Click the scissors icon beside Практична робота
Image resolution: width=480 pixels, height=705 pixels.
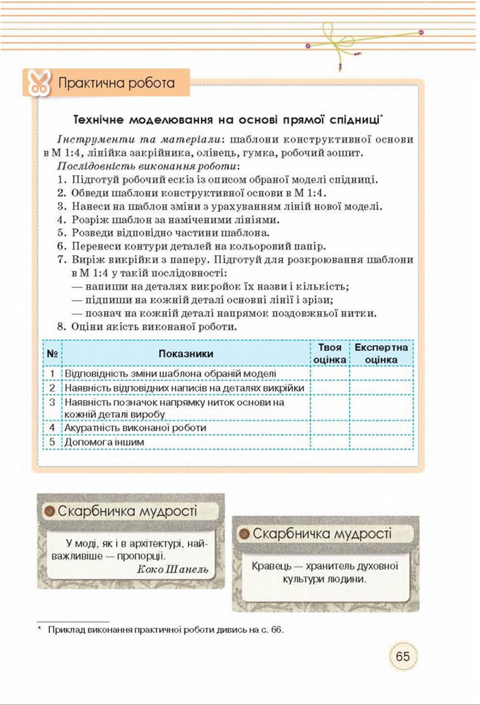pos(36,83)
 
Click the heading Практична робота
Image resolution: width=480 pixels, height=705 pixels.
pos(117,84)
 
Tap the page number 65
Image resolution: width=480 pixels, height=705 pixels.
pos(403,656)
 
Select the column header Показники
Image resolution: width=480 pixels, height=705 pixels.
pos(186,353)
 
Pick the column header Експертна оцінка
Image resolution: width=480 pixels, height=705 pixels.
pos(381,353)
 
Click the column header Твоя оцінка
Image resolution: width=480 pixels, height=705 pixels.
pos(330,353)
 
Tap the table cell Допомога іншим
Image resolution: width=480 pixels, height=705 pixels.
pos(104,443)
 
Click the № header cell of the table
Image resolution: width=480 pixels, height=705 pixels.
pos(52,353)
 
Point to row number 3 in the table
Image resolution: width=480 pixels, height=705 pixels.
pos(52,402)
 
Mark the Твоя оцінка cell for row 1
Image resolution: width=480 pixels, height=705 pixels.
pos(330,373)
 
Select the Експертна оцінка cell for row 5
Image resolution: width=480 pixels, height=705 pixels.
pos(381,443)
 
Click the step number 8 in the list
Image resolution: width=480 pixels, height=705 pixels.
pos(61,327)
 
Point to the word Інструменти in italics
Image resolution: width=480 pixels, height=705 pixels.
pos(88,139)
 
